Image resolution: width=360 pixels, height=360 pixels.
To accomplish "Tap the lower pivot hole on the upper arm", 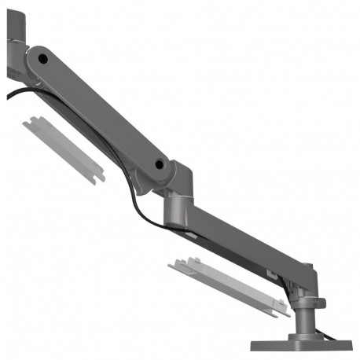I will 161,165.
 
